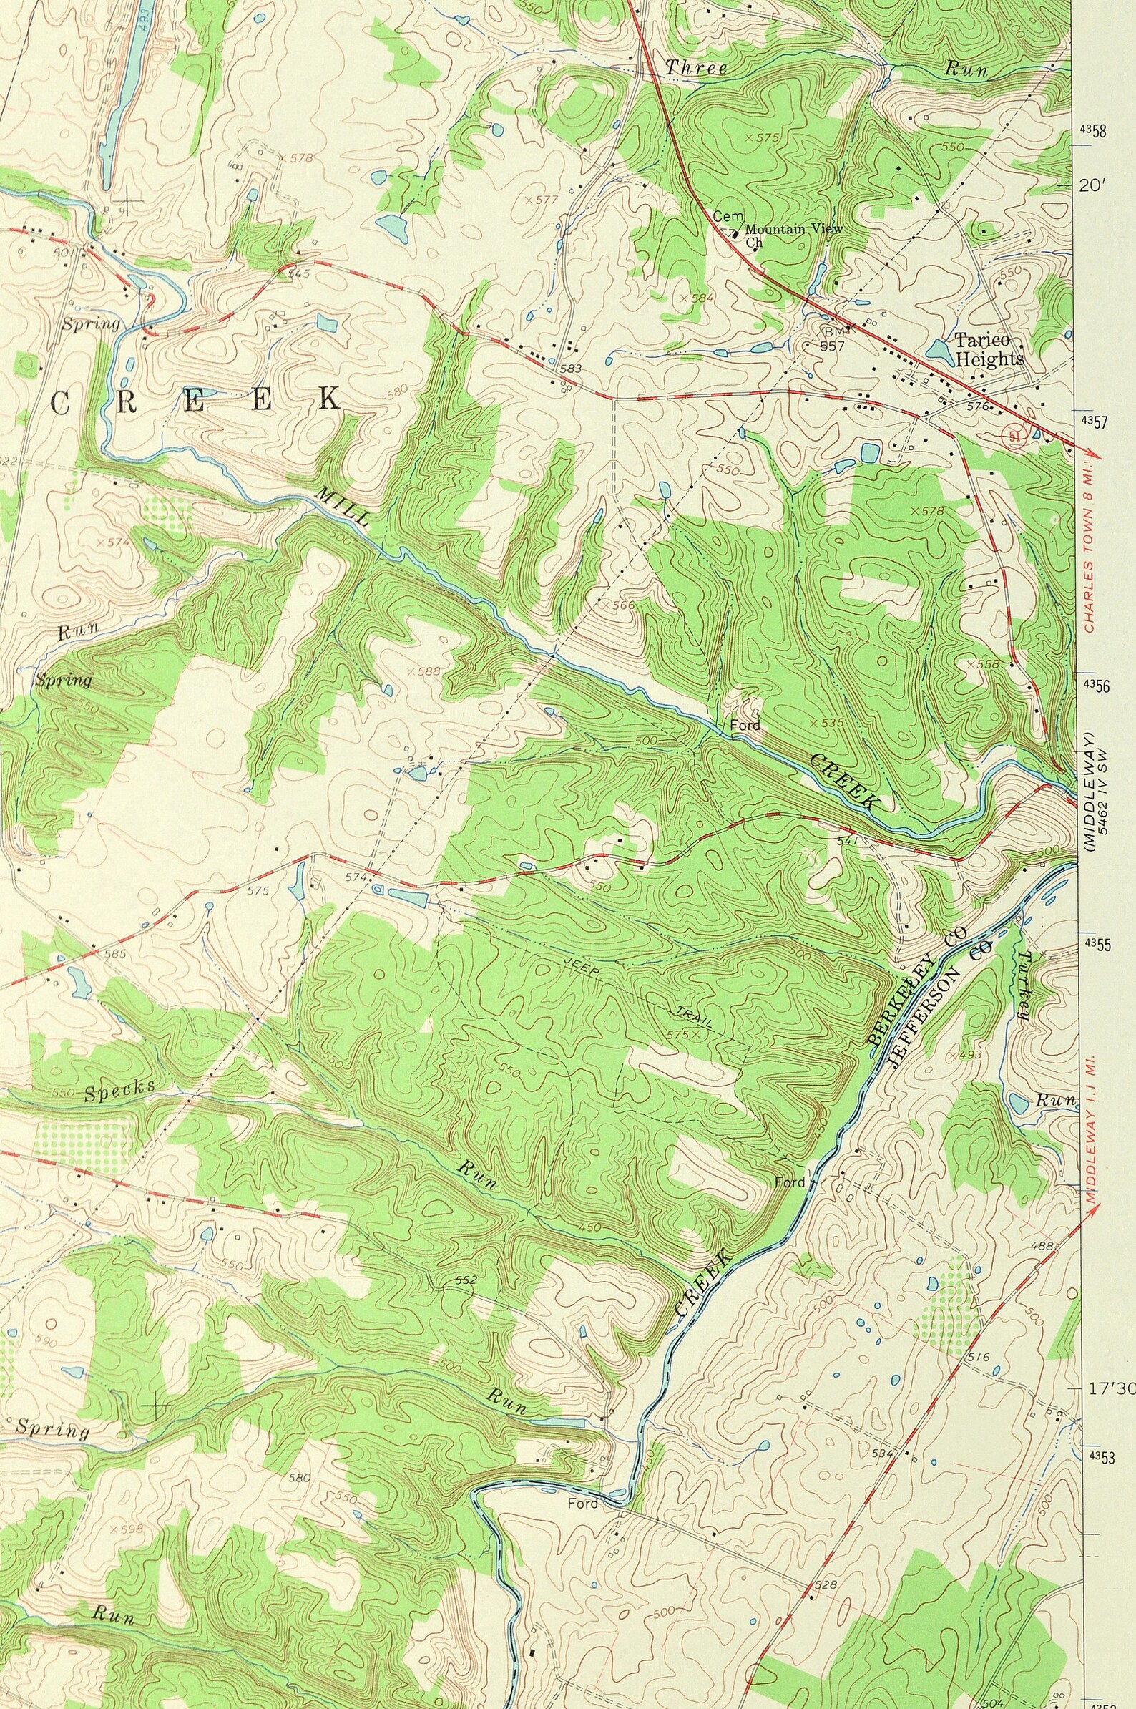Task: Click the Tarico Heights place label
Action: click(x=989, y=349)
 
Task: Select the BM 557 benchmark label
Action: click(x=832, y=338)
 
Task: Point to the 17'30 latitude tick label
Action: click(x=1110, y=1369)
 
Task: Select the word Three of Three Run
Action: click(x=696, y=68)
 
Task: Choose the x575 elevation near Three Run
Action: click(x=760, y=136)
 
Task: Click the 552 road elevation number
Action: click(x=466, y=1280)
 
